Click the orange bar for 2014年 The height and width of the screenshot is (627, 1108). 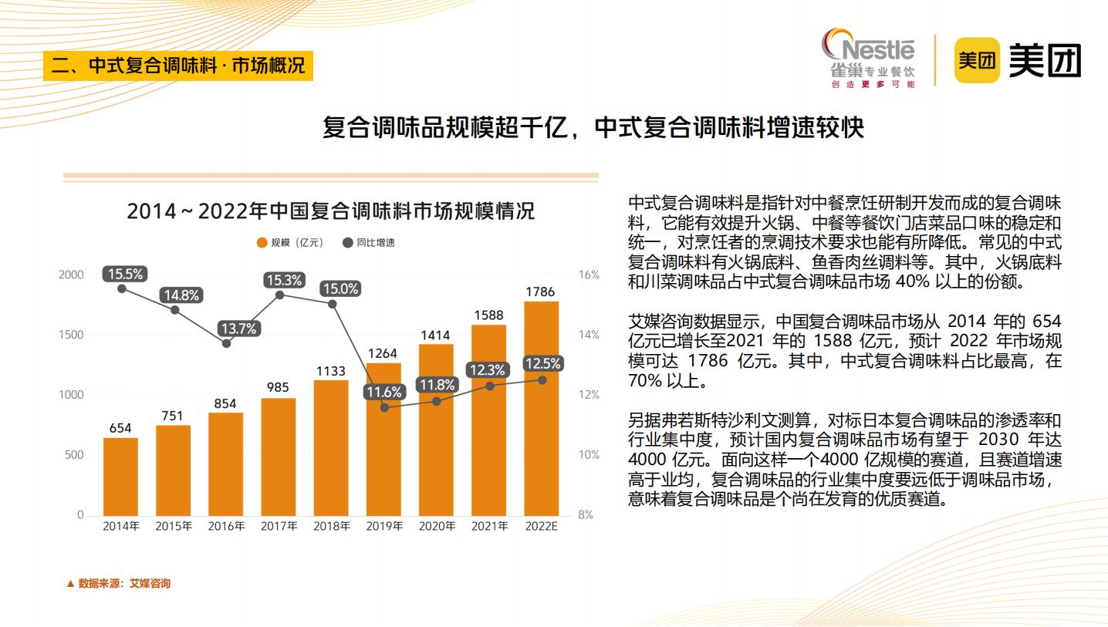[120, 477]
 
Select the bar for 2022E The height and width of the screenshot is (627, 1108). [541, 408]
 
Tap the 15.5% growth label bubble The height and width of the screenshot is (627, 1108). [125, 274]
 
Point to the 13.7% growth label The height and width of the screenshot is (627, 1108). [238, 329]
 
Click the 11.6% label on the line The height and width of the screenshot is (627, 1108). [383, 392]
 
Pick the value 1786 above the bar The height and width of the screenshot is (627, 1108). [540, 292]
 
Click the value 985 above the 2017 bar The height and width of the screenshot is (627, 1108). [278, 387]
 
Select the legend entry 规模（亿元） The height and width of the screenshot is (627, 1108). [289, 243]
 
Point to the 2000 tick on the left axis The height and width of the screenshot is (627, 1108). [71, 275]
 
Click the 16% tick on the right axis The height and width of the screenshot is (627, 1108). [589, 275]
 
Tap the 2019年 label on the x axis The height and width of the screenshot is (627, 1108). [383, 527]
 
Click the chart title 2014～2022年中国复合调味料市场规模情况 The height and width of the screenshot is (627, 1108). [330, 211]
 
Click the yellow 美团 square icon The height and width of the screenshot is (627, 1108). [977, 60]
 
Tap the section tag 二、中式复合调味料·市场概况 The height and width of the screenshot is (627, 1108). [178, 65]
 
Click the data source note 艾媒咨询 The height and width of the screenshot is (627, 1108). [123, 584]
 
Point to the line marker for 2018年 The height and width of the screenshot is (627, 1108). [333, 304]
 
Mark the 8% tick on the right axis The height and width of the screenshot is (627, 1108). [586, 515]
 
